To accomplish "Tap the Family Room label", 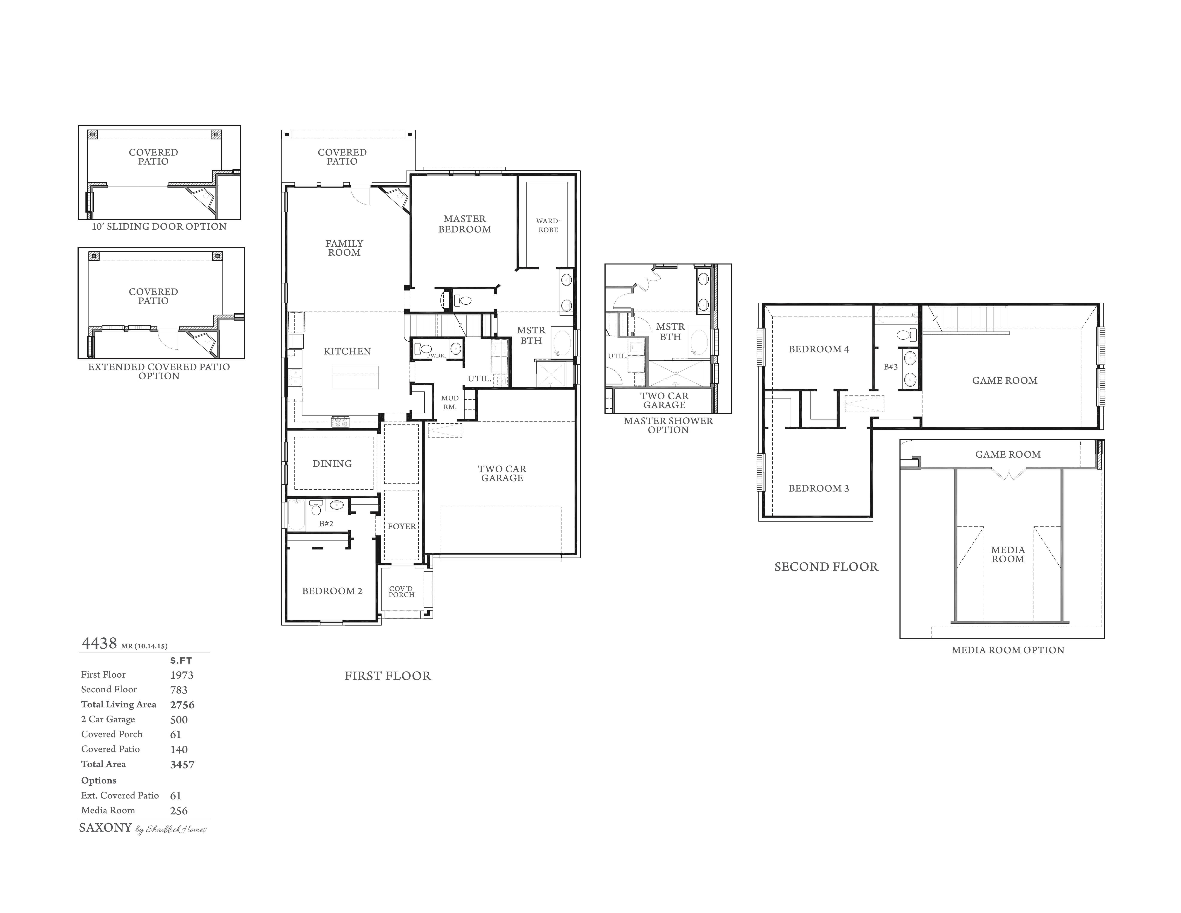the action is click(344, 248).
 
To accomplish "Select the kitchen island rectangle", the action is click(355, 377).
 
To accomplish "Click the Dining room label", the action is click(332, 464).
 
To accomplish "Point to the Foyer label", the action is click(402, 526).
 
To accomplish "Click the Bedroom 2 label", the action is click(332, 591).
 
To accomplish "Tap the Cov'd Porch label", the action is click(401, 592).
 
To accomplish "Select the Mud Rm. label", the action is click(450, 402).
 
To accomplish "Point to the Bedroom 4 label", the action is click(819, 349).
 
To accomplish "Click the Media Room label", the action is click(1008, 554).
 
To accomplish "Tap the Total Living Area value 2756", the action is click(182, 705).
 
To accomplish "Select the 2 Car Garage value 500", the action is click(179, 720).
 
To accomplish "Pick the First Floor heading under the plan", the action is click(388, 676).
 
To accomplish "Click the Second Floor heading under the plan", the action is click(826, 567).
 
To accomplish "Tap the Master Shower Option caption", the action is click(668, 425).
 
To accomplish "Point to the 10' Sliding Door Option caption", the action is click(159, 227).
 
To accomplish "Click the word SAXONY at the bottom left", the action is click(105, 828).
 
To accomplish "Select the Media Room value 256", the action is click(179, 811).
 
